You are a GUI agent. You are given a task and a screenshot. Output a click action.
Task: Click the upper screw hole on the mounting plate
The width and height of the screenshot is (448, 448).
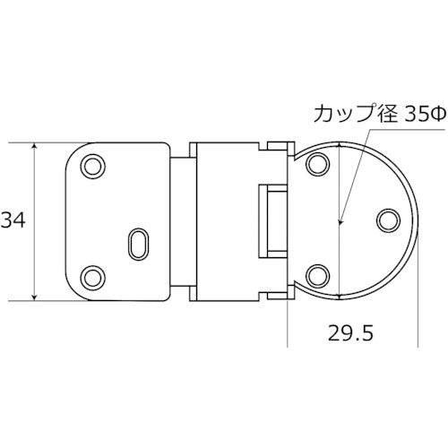click(x=92, y=168)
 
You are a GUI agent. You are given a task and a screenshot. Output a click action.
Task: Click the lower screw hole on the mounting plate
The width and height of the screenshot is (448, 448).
click(x=92, y=274)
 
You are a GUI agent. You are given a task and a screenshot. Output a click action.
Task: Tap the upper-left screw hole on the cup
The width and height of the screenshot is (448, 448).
click(x=315, y=165)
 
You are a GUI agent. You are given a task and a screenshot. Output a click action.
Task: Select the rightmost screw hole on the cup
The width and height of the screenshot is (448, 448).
click(x=388, y=220)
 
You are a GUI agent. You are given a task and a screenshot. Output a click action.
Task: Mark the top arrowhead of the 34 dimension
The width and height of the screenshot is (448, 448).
click(x=35, y=146)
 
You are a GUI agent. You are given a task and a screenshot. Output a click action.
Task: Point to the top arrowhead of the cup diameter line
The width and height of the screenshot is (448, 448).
click(x=340, y=146)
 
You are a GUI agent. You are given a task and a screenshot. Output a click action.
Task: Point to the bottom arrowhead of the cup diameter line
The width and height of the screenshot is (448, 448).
click(x=340, y=294)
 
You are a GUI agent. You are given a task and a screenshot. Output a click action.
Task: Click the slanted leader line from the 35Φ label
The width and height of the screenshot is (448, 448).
click(x=351, y=175)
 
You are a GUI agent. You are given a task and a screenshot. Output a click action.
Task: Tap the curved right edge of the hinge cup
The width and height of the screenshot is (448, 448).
click(x=418, y=220)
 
